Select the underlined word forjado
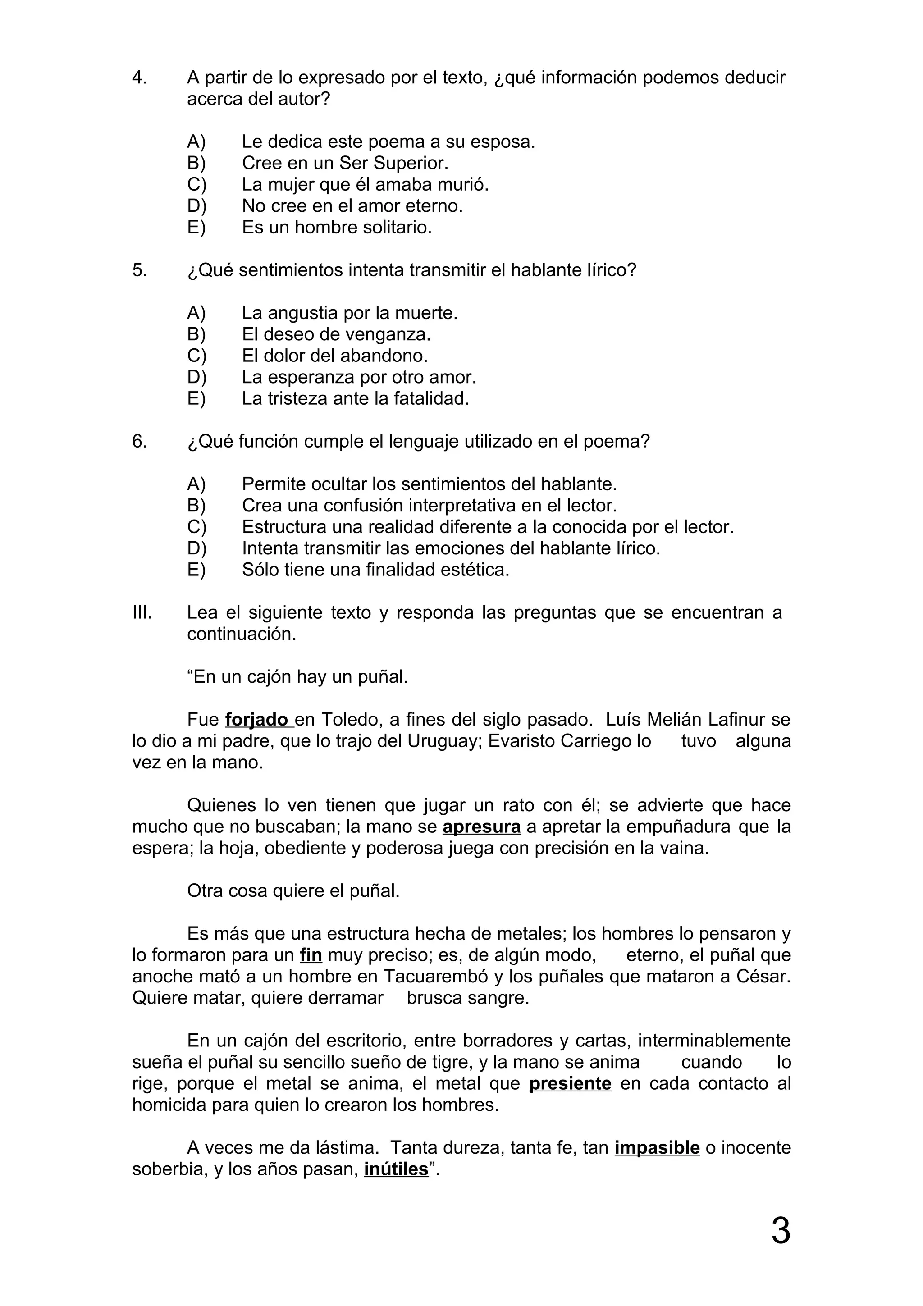[x=256, y=720]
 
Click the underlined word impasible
[x=657, y=1148]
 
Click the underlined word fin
[x=311, y=955]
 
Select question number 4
[x=139, y=78]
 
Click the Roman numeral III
[x=142, y=612]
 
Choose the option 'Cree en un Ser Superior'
[x=345, y=163]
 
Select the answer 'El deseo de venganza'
[x=336, y=334]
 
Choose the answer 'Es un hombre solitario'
[x=337, y=228]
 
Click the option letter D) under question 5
[x=196, y=377]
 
